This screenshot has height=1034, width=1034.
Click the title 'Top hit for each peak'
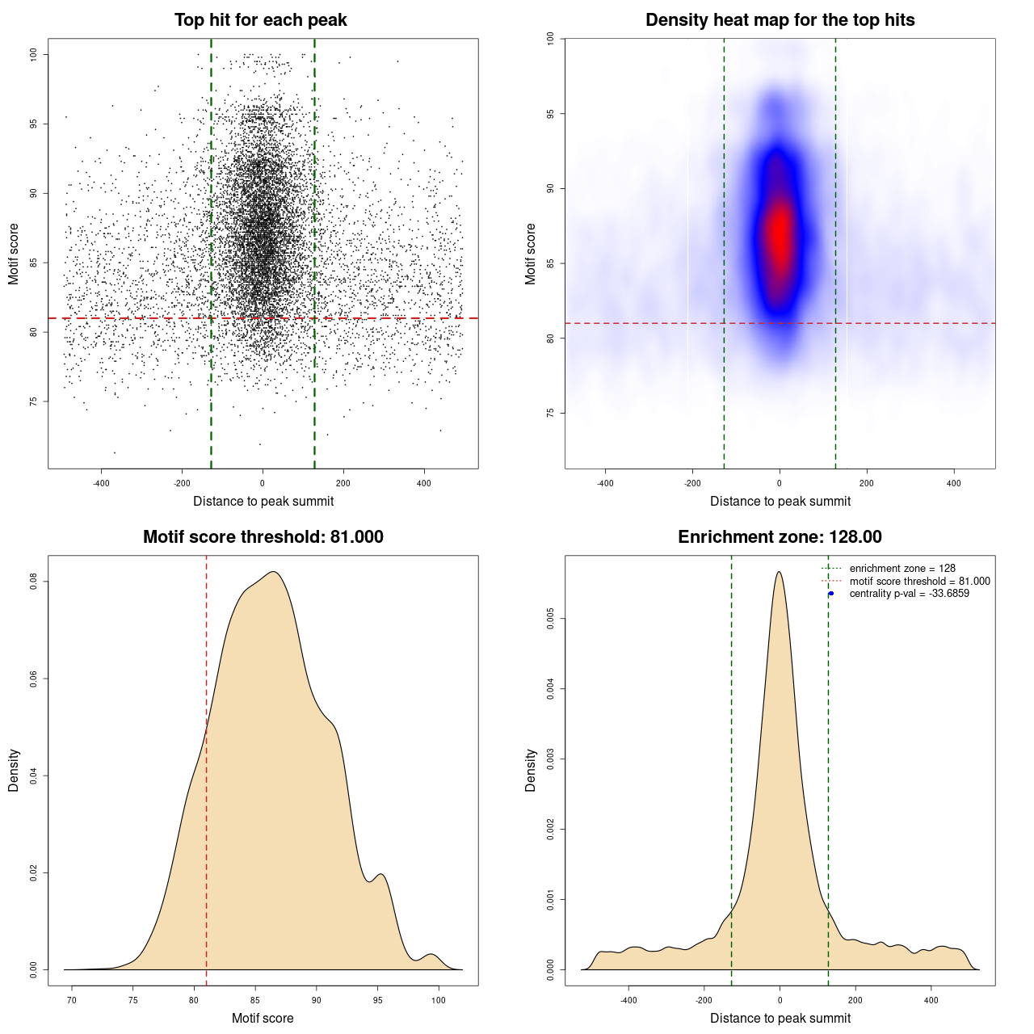point(260,20)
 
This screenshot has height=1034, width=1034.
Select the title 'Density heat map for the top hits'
point(780,20)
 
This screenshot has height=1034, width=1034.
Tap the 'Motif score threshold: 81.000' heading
point(263,537)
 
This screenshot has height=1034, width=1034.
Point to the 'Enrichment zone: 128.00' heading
point(780,537)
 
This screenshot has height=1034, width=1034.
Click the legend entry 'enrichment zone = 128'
point(902,569)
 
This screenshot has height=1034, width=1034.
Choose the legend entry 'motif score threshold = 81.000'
point(919,582)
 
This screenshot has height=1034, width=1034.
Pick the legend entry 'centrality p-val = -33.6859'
point(909,594)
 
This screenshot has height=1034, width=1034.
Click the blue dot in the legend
point(831,594)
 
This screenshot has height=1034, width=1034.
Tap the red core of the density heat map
point(780,234)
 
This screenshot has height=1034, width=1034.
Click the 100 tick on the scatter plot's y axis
point(34,54)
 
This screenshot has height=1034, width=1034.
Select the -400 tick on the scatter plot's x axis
point(101,484)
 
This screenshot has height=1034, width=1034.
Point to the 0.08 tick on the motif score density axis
point(34,582)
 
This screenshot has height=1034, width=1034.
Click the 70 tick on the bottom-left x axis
point(72,1001)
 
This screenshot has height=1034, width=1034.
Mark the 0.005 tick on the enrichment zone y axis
point(551,620)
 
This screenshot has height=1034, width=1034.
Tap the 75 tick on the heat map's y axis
point(551,413)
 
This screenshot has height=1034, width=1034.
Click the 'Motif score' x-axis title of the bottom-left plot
point(263,1018)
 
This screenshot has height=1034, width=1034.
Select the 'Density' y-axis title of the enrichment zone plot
point(531,770)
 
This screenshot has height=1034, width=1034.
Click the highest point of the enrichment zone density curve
point(779,572)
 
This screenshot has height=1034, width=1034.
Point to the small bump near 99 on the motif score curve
point(432,955)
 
